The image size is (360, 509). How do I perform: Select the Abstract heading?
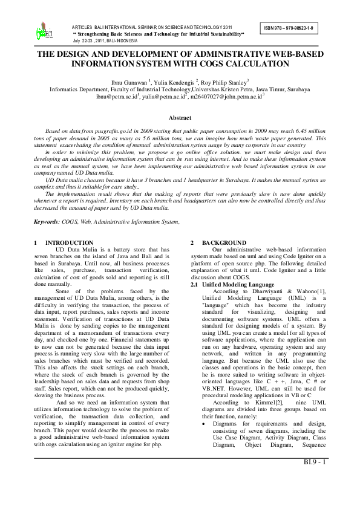[179, 117]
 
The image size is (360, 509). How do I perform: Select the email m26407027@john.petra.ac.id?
[226, 96]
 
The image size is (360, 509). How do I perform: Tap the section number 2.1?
[195, 267]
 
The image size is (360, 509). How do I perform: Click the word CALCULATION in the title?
[257, 62]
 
